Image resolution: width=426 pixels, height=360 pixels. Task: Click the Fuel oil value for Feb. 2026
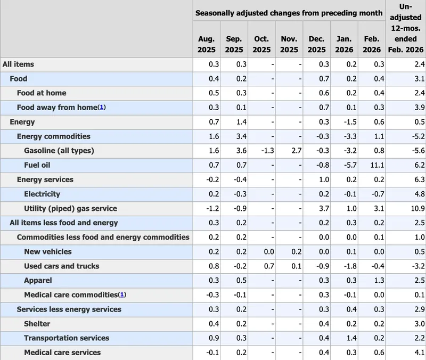click(x=373, y=165)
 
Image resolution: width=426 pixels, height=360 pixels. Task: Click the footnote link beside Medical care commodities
click(x=122, y=294)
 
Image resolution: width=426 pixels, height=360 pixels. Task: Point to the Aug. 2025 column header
click(x=206, y=44)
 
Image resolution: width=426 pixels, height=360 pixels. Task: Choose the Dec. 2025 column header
click(x=317, y=44)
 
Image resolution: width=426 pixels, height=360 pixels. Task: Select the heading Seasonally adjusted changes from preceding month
click(x=289, y=12)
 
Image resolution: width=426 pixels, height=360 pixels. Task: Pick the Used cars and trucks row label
click(x=61, y=266)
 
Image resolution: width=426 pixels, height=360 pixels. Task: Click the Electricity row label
click(x=42, y=194)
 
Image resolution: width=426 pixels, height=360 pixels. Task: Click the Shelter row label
click(x=37, y=323)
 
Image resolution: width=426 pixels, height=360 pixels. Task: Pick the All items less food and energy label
click(x=64, y=223)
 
